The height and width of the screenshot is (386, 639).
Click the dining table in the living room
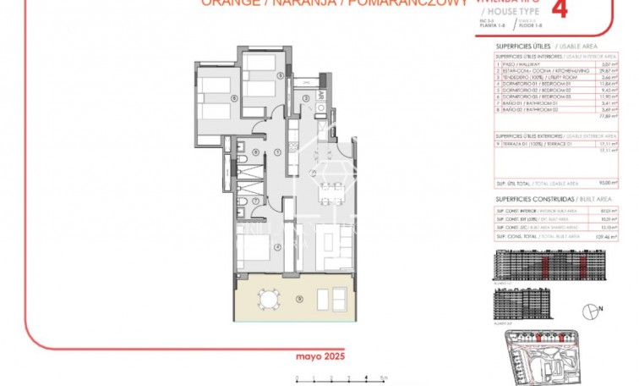[x=333, y=188]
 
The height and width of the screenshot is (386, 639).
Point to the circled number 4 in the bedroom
[x=277, y=247]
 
